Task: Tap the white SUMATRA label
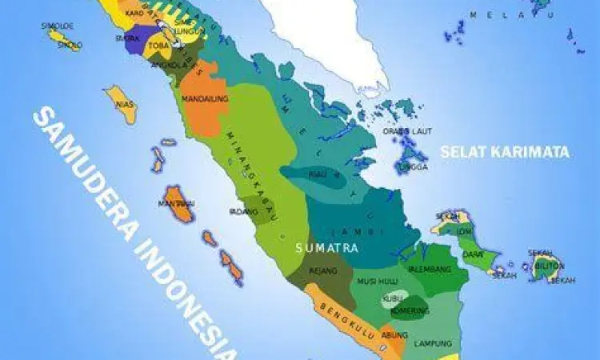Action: pos(326,249)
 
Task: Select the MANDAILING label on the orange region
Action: pos(205,98)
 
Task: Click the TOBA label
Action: pos(158,46)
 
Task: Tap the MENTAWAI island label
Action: pos(177,204)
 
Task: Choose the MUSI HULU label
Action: pos(376,282)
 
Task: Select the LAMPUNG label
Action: pos(433,343)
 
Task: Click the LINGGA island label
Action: pos(414,166)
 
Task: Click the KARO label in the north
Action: pos(135,14)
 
